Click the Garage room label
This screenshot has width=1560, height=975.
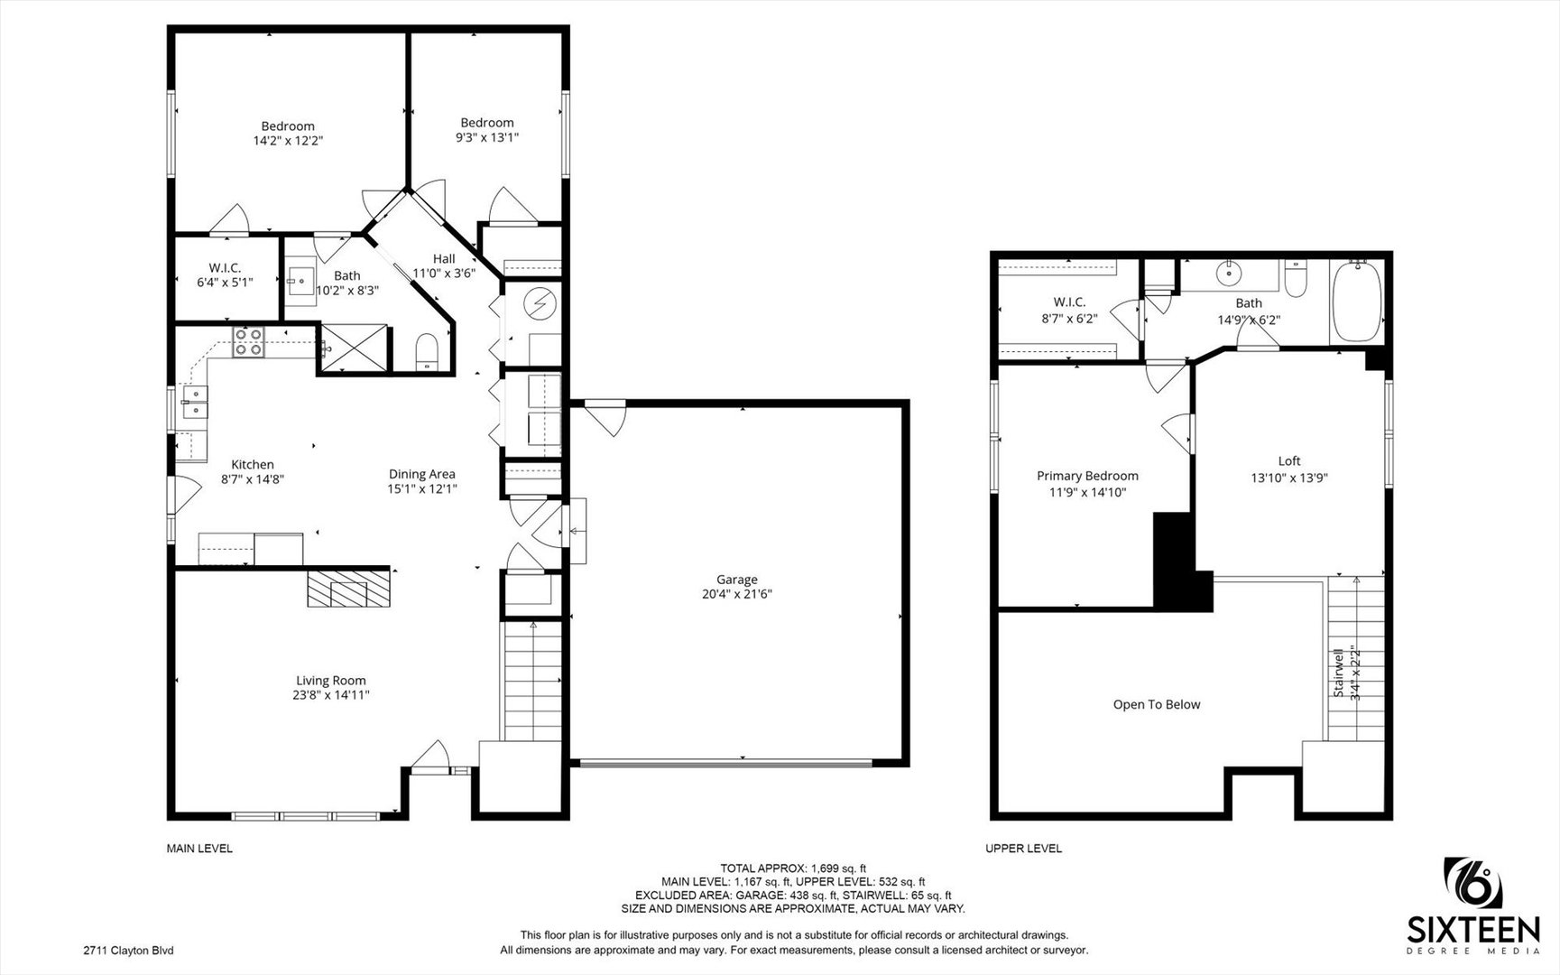click(737, 580)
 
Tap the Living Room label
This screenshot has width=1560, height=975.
click(331, 681)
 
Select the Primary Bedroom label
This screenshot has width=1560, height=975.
click(1087, 476)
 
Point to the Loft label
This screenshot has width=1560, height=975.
click(1289, 461)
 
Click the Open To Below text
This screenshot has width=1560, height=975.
click(1157, 704)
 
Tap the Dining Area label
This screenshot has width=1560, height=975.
click(421, 474)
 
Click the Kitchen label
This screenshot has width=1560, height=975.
click(253, 465)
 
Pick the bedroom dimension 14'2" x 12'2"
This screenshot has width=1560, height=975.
click(288, 141)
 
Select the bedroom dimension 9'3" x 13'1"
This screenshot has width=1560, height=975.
click(487, 137)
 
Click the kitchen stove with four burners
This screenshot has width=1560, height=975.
click(249, 342)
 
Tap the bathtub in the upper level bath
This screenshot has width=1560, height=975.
click(1356, 301)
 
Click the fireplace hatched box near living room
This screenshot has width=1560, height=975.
click(349, 588)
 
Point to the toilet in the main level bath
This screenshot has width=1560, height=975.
click(426, 351)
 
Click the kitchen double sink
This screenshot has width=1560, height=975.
click(196, 402)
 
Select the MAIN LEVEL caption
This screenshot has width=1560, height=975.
click(199, 849)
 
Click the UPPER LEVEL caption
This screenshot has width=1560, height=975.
click(1023, 849)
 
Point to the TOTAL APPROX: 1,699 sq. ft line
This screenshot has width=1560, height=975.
click(793, 868)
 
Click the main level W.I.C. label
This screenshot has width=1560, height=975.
click(225, 268)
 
